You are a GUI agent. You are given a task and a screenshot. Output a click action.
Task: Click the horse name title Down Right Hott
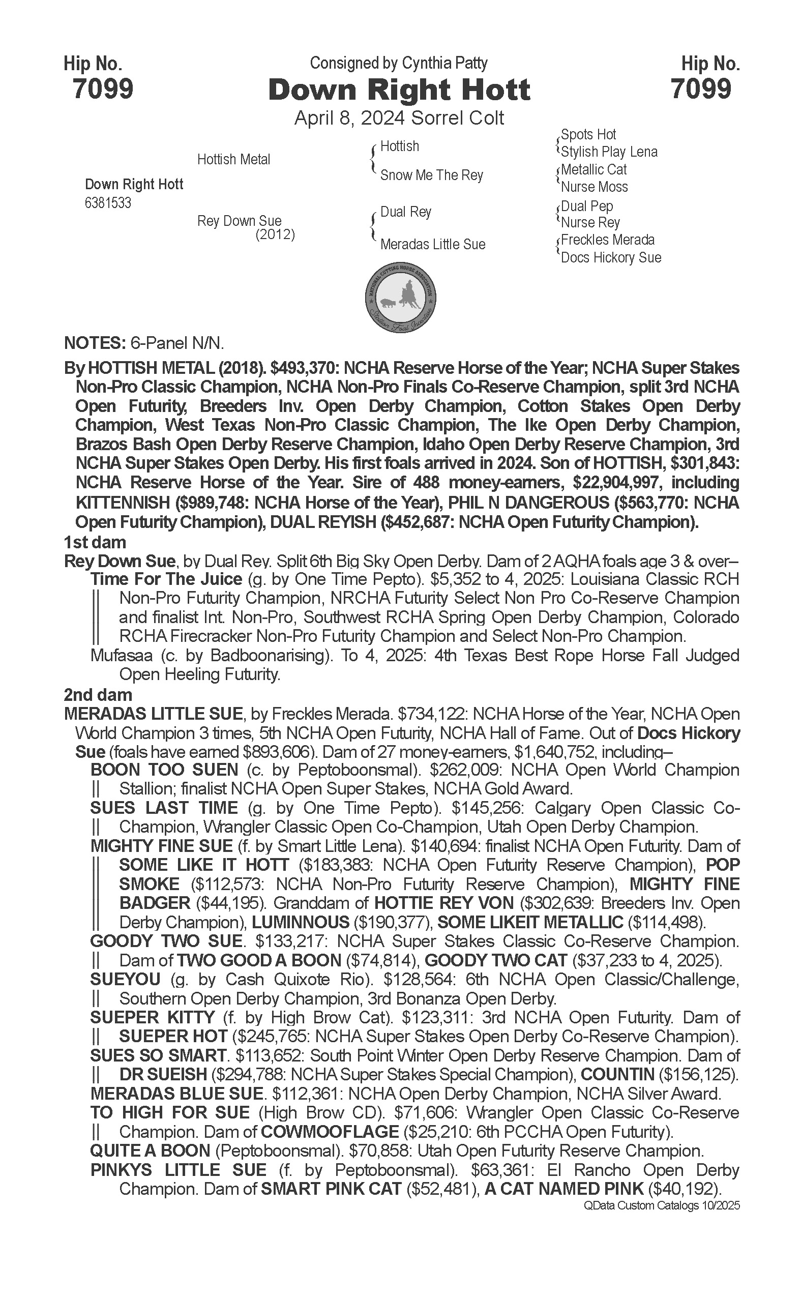399,90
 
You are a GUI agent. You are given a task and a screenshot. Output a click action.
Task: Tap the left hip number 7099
103,89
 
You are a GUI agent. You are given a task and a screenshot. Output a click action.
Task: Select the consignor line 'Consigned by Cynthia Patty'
398,64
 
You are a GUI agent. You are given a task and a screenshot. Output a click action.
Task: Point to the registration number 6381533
108,203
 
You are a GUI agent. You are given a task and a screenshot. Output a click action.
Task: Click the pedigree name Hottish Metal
233,160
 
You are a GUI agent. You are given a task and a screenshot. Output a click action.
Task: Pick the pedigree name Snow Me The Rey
432,175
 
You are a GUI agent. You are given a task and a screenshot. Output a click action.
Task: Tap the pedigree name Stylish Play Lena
609,152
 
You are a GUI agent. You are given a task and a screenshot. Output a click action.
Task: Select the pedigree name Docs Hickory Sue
611,257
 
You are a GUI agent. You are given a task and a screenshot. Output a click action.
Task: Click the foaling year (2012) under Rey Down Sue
275,234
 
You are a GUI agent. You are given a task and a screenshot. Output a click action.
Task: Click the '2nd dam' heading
98,695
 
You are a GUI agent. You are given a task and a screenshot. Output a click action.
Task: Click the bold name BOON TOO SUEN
164,770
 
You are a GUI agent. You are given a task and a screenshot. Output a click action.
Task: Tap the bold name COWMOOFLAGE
330,1132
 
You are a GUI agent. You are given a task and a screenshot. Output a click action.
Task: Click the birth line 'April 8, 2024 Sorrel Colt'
399,117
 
